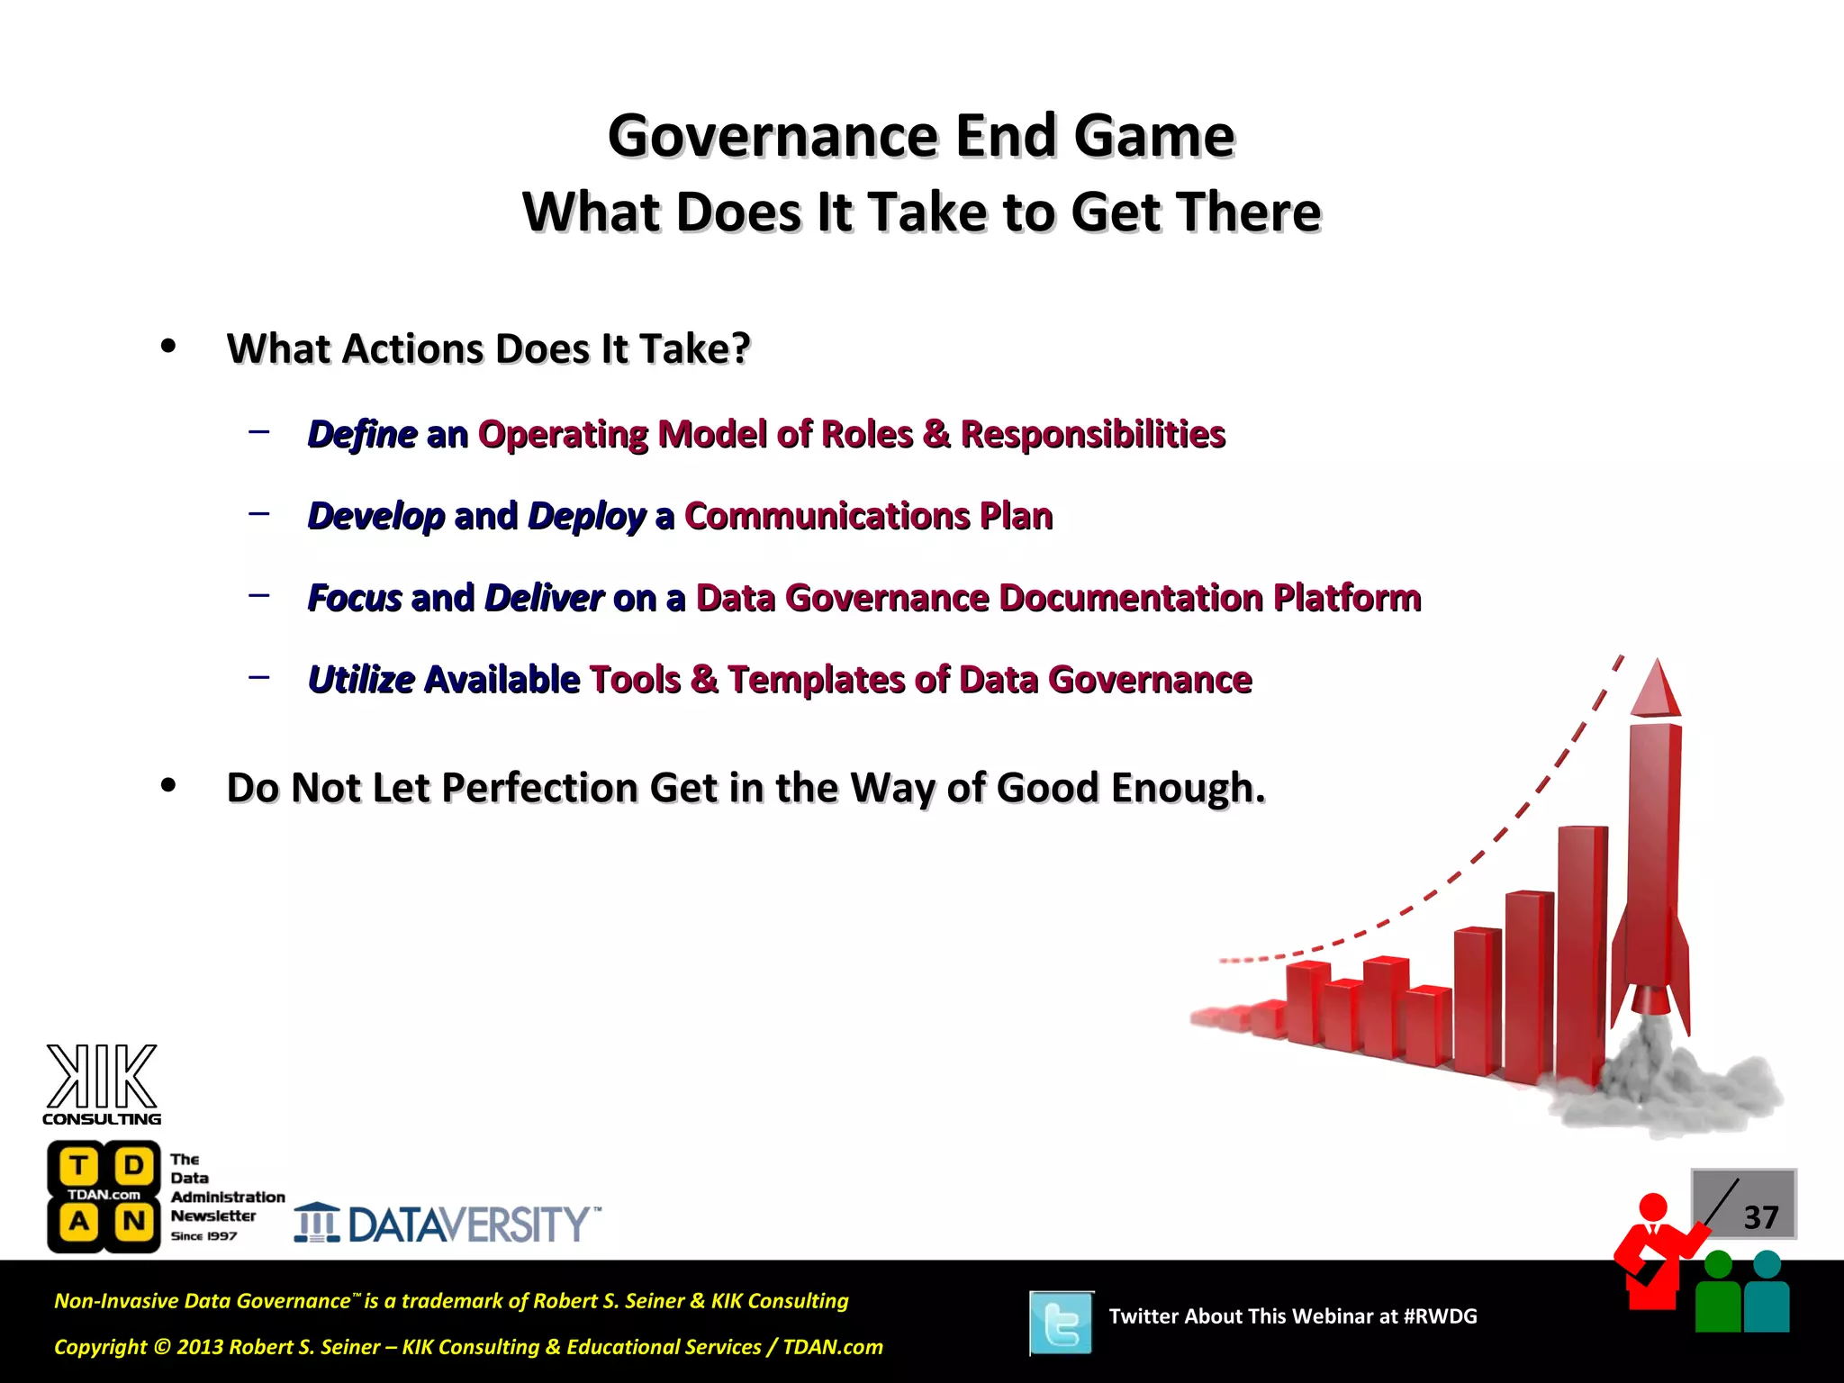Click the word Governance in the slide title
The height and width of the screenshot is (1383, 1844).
tap(774, 137)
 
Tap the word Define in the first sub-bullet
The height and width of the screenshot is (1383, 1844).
tap(362, 435)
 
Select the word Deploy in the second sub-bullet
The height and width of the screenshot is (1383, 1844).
tap(586, 517)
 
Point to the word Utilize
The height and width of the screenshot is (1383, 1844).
tap(361, 681)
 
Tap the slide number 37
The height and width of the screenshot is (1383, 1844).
tap(1760, 1217)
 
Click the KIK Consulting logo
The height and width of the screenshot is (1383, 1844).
tap(102, 1085)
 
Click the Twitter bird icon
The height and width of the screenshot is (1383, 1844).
tap(1062, 1323)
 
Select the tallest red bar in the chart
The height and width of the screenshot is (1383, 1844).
tap(1581, 954)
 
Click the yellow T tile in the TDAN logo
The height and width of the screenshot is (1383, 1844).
tap(78, 1166)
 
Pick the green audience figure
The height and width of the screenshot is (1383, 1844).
tap(1718, 1297)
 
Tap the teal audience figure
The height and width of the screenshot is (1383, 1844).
tap(1767, 1297)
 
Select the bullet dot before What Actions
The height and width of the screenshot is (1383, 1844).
tap(168, 348)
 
